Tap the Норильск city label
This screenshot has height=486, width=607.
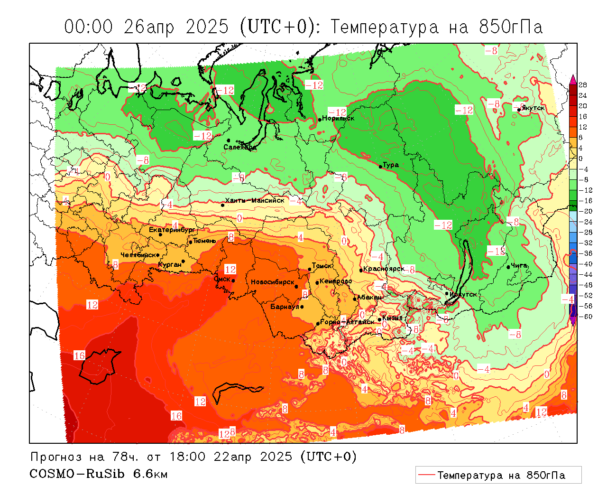point(338,118)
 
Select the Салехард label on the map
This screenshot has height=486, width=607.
point(240,147)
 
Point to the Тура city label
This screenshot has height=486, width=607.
point(391,165)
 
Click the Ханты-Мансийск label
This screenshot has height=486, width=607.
point(255,200)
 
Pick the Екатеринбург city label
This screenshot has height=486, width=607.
point(172,230)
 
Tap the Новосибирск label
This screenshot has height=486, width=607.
point(273,282)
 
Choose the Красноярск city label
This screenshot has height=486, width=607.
point(384,269)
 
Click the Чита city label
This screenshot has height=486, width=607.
point(520,265)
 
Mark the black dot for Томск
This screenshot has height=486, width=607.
point(310,269)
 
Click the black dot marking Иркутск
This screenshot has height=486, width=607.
point(447,293)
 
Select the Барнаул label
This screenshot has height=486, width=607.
point(285,307)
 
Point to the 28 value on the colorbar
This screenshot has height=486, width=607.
point(583,85)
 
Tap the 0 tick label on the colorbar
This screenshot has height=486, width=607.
point(581,159)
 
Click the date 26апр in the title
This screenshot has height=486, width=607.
point(148,27)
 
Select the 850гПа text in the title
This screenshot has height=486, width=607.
point(511,27)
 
